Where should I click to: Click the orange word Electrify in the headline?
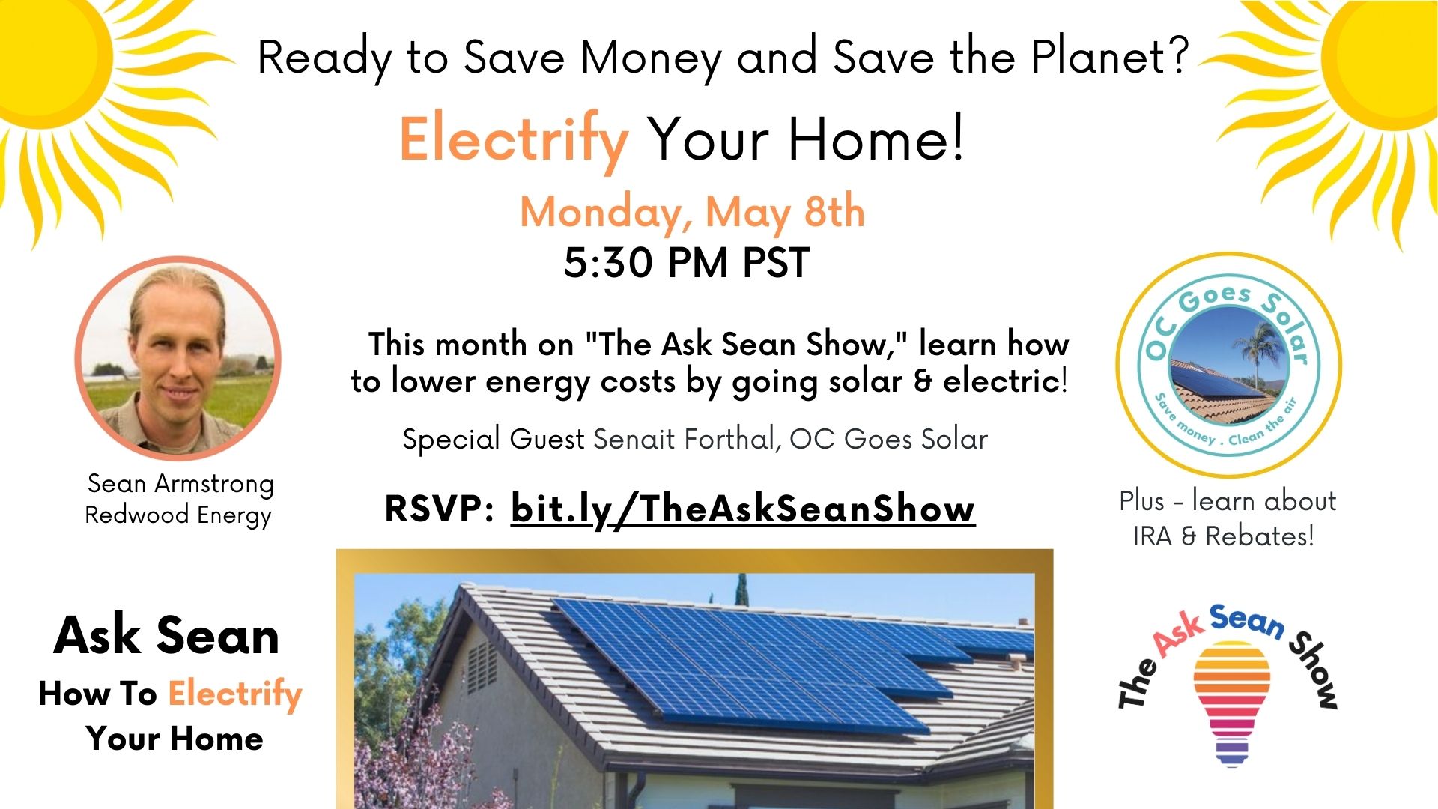(x=514, y=141)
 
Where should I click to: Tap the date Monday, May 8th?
(x=693, y=212)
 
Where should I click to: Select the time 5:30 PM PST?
(x=687, y=263)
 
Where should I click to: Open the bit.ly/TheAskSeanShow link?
(x=743, y=509)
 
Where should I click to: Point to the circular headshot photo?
(x=178, y=359)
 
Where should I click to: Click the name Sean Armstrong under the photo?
(x=180, y=484)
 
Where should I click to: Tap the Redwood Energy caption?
(x=178, y=515)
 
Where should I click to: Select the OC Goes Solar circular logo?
(x=1228, y=365)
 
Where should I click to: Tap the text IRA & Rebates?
(x=1224, y=536)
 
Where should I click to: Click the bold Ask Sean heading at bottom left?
(x=166, y=636)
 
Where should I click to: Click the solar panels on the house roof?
(x=779, y=659)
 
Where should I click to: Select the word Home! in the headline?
(x=876, y=139)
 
